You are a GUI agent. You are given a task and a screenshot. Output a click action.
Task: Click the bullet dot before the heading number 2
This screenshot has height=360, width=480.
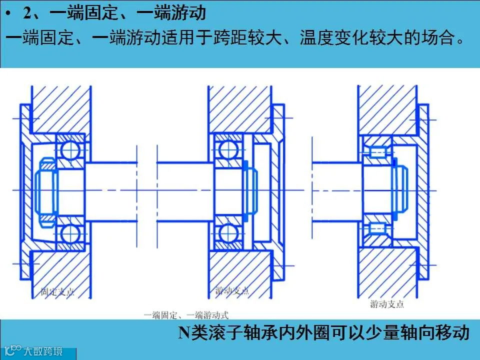[x=9, y=13]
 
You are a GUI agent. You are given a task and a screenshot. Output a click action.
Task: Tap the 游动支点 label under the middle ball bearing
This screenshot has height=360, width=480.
[x=231, y=290]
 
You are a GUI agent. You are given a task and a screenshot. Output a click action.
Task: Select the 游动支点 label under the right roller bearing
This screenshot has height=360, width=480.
[x=387, y=304]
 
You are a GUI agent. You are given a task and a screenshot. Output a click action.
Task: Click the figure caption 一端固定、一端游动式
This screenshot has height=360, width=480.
[x=186, y=315]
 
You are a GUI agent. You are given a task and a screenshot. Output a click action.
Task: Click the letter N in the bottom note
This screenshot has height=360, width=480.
[x=184, y=332]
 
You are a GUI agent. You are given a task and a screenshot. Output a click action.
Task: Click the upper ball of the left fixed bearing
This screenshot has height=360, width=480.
[x=70, y=148]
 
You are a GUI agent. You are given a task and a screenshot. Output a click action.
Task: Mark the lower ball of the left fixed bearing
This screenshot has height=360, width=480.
[x=70, y=233]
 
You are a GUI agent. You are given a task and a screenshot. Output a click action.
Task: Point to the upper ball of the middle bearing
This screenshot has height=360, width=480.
[x=228, y=147]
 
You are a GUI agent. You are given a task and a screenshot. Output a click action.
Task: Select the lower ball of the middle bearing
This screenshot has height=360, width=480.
[x=228, y=233]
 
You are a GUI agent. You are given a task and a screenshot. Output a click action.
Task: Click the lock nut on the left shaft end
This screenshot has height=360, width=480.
[x=46, y=190]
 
